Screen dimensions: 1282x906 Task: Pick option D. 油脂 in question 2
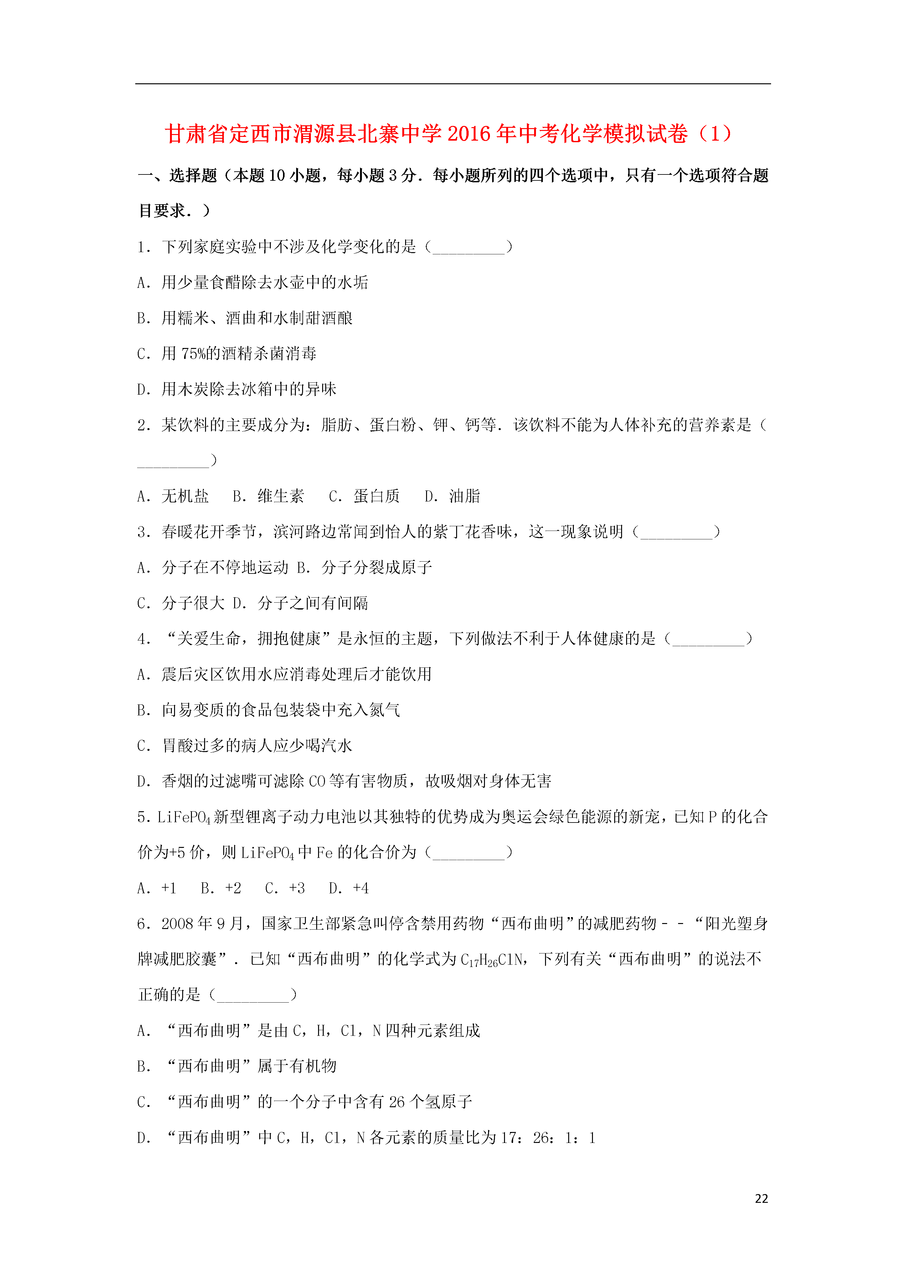click(452, 496)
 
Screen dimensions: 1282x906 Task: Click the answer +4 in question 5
click(349, 888)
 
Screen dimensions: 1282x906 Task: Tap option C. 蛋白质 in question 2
click(364, 496)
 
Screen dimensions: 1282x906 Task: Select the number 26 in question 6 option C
click(397, 1102)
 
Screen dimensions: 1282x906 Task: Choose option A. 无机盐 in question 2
click(173, 496)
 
